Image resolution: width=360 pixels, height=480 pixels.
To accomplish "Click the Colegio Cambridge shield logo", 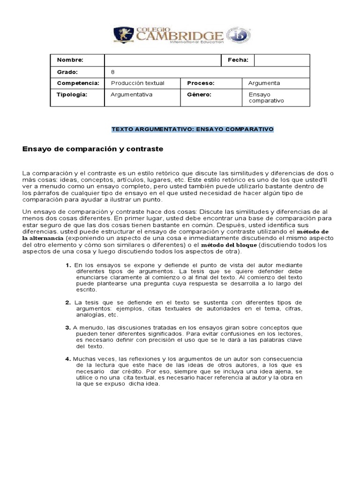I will tap(124, 36).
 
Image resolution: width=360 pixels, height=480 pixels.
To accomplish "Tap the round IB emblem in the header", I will tap(235, 36).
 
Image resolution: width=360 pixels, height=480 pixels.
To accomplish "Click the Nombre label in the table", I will tap(70, 60).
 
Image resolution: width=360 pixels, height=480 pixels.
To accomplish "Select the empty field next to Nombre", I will tap(163, 60).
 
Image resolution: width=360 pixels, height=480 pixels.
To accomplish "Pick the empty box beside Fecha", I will tap(282, 60).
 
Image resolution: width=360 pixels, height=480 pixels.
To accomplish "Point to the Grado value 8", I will tap(112, 72).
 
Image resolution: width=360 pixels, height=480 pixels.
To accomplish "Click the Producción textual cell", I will tap(137, 83).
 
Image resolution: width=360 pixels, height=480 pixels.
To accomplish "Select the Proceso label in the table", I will tap(201, 83).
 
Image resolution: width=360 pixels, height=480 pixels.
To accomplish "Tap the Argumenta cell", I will tap(264, 83).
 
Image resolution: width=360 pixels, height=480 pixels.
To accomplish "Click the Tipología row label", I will tap(72, 94).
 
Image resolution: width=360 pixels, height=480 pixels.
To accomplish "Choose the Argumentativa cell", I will tap(132, 94).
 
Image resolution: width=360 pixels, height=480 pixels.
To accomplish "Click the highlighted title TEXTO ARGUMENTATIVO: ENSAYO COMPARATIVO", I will tap(192, 129).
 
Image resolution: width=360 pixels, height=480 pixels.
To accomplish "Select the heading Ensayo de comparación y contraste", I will tap(93, 149).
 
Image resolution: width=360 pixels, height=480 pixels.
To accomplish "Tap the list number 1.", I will tap(68, 265).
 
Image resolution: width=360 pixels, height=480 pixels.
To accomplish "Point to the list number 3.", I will tap(68, 327).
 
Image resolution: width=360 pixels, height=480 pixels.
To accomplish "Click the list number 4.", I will tap(68, 359).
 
